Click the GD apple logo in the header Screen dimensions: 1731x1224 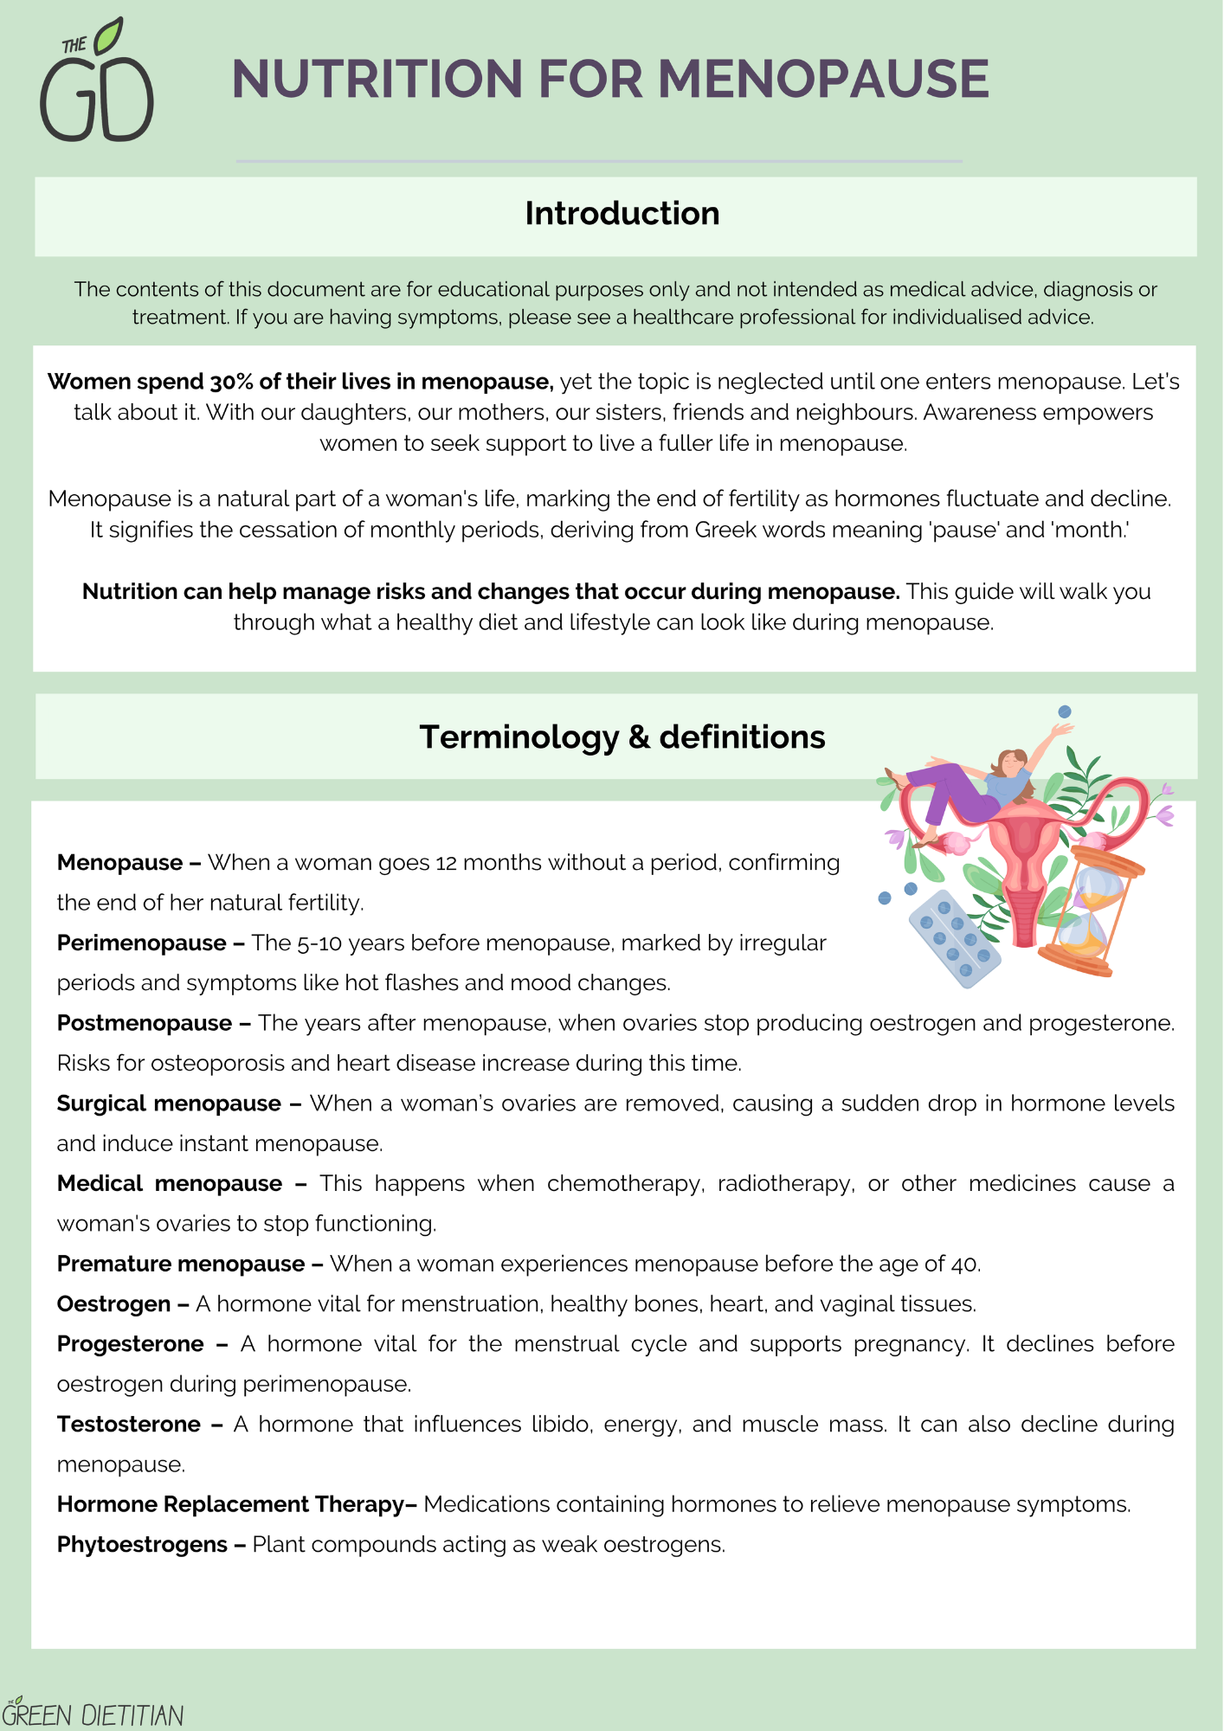pyautogui.click(x=97, y=83)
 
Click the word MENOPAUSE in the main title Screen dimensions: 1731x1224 pyautogui.click(x=823, y=79)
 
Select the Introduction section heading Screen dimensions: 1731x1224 pyautogui.click(x=622, y=214)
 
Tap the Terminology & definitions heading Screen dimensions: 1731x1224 pyautogui.click(x=622, y=737)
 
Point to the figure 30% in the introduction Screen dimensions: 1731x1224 pyautogui.click(x=230, y=382)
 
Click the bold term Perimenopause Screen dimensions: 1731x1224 pyautogui.click(x=142, y=943)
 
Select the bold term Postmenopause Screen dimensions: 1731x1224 pyautogui.click(x=145, y=1023)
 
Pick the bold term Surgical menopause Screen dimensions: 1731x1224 pyautogui.click(x=169, y=1104)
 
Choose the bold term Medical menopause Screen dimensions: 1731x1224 pyautogui.click(x=170, y=1183)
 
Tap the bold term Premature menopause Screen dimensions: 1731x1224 pyautogui.click(x=181, y=1264)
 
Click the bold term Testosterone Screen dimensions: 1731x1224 pyautogui.click(x=129, y=1424)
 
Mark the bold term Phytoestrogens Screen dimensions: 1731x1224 pyautogui.click(x=142, y=1544)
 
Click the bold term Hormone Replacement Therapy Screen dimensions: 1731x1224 pyautogui.click(x=231, y=1504)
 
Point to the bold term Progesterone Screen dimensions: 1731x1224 pyautogui.click(x=131, y=1343)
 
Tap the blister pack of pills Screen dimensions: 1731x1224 pyautogui.click(x=955, y=940)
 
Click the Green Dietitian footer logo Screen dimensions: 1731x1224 pyautogui.click(x=93, y=1713)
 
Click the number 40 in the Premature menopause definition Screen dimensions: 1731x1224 pyautogui.click(x=963, y=1264)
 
